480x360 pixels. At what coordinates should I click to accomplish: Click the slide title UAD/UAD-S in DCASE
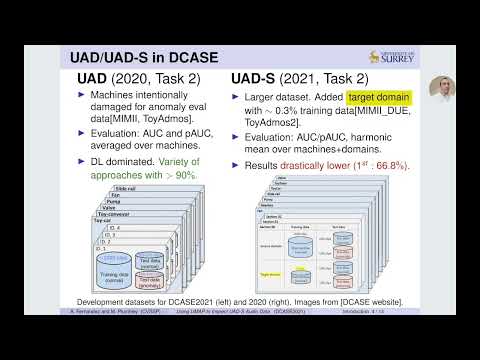(149, 56)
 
